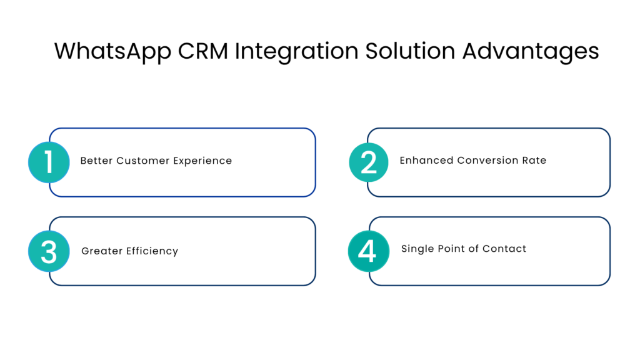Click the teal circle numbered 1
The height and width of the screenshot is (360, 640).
49,162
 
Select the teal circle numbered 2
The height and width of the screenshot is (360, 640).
369,162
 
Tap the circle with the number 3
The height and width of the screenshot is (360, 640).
49,251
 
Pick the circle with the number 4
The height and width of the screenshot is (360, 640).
368,251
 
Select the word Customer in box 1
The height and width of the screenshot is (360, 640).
142,161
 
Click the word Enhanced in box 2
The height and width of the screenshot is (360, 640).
426,160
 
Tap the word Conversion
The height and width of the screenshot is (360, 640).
487,160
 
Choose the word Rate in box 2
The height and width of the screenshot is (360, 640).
534,160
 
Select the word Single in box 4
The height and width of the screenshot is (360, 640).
417,249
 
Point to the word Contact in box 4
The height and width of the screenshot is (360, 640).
506,249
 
